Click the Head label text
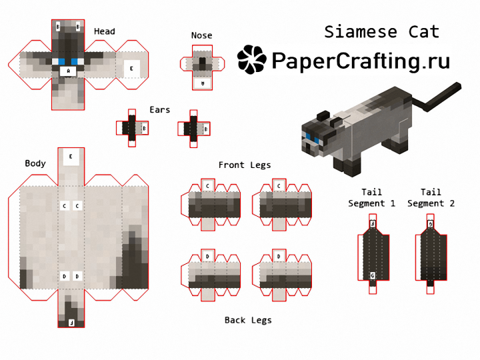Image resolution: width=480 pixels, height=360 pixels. (105, 31)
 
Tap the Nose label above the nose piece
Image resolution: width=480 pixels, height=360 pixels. (201, 35)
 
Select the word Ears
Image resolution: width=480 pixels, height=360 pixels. (159, 109)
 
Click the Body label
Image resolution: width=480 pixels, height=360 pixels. (35, 163)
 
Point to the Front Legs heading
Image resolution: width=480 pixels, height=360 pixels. (245, 165)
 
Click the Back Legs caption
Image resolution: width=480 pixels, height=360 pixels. (248, 320)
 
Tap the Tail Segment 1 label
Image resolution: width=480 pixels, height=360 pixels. (371, 198)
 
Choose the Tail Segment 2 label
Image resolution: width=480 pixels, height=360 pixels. (431, 198)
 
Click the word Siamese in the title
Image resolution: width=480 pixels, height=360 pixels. (361, 32)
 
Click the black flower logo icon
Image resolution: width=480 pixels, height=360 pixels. (251, 59)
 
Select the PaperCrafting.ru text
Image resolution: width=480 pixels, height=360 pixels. (361, 61)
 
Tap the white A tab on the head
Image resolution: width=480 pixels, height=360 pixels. (68, 71)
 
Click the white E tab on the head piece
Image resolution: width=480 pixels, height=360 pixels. (131, 69)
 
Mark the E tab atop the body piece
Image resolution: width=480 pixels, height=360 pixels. (71, 157)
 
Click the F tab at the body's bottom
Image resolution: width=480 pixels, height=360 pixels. (71, 323)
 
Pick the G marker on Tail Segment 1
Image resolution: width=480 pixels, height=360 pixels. (372, 275)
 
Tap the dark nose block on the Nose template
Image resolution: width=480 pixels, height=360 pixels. (203, 64)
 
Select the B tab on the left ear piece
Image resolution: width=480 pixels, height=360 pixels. (145, 129)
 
